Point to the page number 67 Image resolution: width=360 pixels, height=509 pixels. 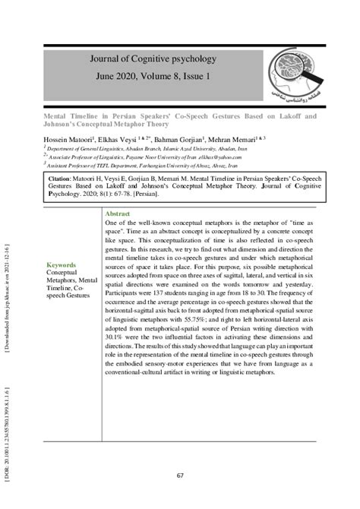(180, 476)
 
